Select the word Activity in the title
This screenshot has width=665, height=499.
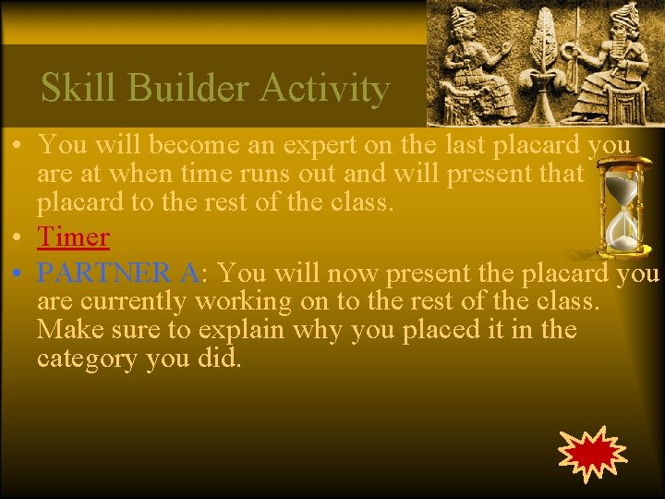pos(324,89)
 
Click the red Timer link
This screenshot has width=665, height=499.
pos(73,237)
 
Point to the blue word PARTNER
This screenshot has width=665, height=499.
pos(106,274)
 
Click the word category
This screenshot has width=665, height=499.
pos(89,358)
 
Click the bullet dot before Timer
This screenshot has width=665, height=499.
pos(18,238)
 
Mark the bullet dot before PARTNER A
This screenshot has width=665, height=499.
pos(18,274)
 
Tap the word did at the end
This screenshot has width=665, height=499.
pos(217,358)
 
